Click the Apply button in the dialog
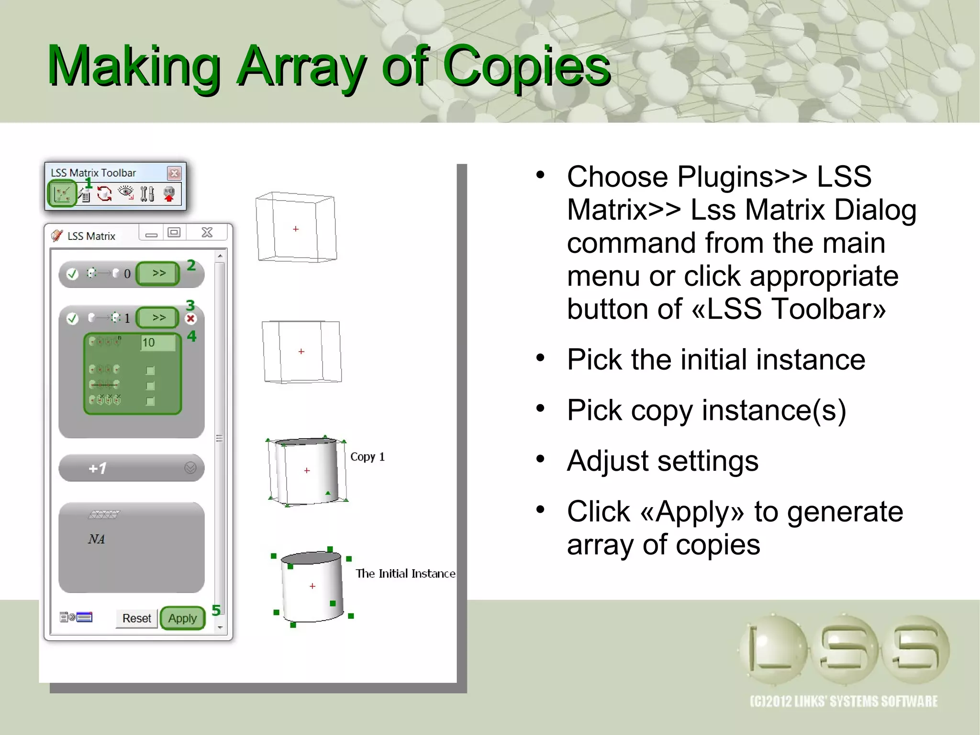(x=182, y=618)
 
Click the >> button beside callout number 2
(x=158, y=273)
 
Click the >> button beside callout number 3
(x=158, y=317)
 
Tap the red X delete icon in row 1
(x=191, y=318)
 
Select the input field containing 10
(x=157, y=342)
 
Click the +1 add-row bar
(x=131, y=468)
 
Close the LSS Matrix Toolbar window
(x=174, y=173)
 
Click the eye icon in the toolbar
(x=126, y=193)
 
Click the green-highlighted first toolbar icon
(x=63, y=194)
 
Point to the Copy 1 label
(x=367, y=457)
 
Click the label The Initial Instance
(x=405, y=574)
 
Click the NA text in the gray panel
(x=96, y=539)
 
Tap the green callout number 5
(x=216, y=610)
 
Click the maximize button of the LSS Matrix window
(x=174, y=233)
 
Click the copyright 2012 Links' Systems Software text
(x=843, y=701)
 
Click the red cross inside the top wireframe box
(x=296, y=229)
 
